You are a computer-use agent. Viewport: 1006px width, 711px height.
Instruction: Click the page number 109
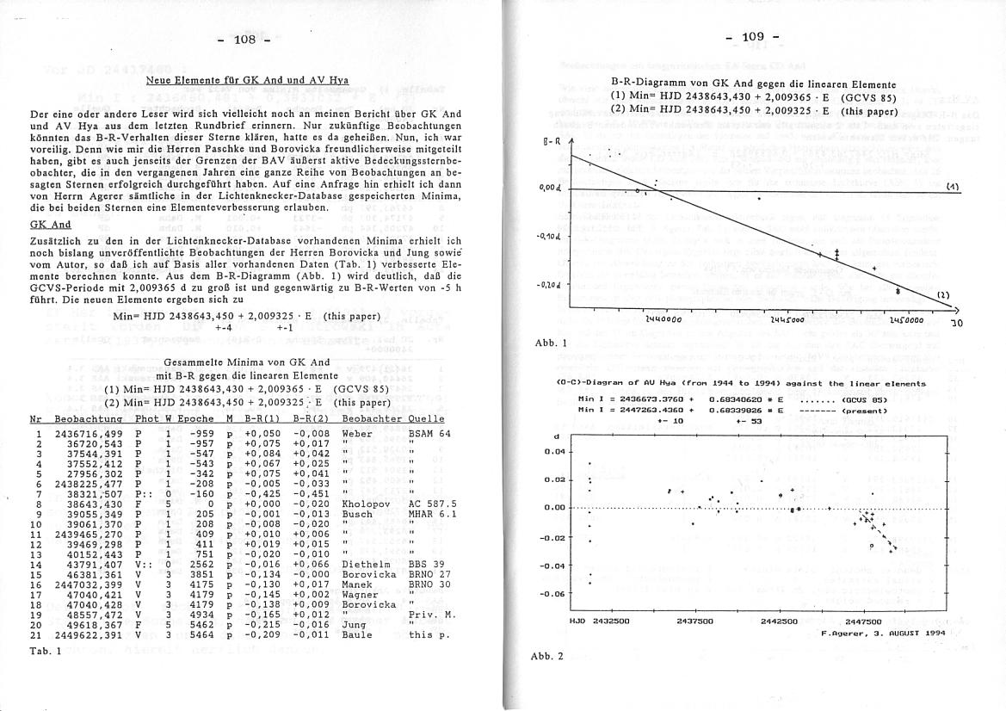pyautogui.click(x=753, y=36)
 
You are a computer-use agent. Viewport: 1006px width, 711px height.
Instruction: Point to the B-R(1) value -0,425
pyautogui.click(x=262, y=493)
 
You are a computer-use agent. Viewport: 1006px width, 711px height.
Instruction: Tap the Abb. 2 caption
pyautogui.click(x=547, y=656)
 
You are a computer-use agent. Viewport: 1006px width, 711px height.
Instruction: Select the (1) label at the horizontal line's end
pyautogui.click(x=953, y=185)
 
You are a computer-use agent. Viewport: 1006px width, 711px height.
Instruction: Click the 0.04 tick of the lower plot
pyautogui.click(x=557, y=451)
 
